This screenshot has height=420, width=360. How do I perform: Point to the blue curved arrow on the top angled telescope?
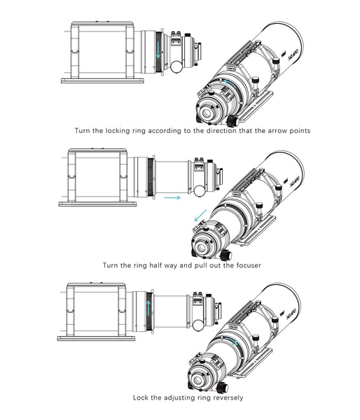(x=228, y=85)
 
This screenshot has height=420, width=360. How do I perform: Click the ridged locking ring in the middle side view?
(x=149, y=174)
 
